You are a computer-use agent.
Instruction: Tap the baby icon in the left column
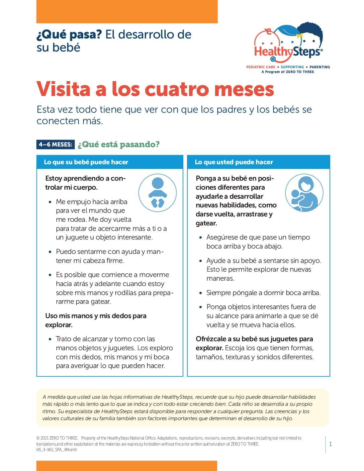(x=157, y=192)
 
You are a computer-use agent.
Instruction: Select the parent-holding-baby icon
(x=304, y=193)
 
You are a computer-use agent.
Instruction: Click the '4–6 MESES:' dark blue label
(x=56, y=145)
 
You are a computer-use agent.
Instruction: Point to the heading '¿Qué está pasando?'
(x=118, y=145)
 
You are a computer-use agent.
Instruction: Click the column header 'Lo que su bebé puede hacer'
(x=86, y=162)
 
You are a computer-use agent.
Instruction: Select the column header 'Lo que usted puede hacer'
(x=234, y=162)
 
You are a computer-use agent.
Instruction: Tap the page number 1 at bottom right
(x=331, y=444)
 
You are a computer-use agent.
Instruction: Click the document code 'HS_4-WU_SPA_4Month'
(x=57, y=450)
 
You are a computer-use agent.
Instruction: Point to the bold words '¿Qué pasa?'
(x=69, y=34)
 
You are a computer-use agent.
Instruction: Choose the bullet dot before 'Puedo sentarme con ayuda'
(x=50, y=252)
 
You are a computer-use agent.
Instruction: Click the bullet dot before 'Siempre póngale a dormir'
(x=201, y=293)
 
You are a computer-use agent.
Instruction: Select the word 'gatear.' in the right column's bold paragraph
(x=206, y=223)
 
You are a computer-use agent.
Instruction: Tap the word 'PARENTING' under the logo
(x=320, y=67)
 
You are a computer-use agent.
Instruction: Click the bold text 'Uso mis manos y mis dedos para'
(x=96, y=316)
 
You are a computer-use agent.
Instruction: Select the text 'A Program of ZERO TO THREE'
(x=288, y=72)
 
